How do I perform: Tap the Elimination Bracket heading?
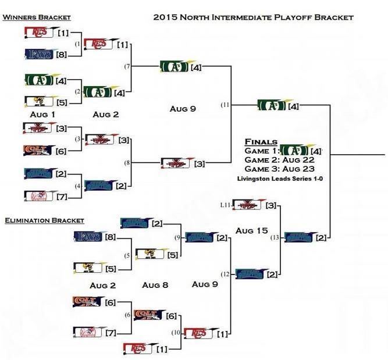click(44, 220)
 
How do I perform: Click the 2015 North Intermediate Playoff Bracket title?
click(253, 17)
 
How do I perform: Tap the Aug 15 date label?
click(251, 231)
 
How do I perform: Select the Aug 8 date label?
click(155, 285)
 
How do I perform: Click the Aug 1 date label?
click(43, 115)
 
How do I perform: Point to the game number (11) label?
click(225, 105)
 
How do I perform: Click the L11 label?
click(225, 205)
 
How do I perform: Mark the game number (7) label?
click(127, 67)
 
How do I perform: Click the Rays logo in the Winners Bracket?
click(39, 55)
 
